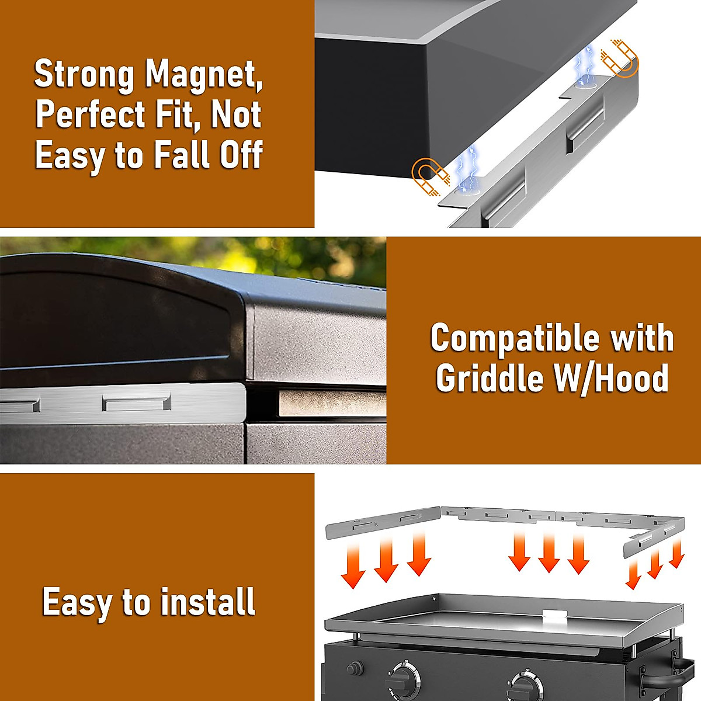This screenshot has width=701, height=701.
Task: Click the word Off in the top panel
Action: click(x=241, y=155)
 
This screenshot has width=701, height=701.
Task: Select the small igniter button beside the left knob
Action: click(x=353, y=669)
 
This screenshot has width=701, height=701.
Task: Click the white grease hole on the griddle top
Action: click(x=553, y=614)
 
